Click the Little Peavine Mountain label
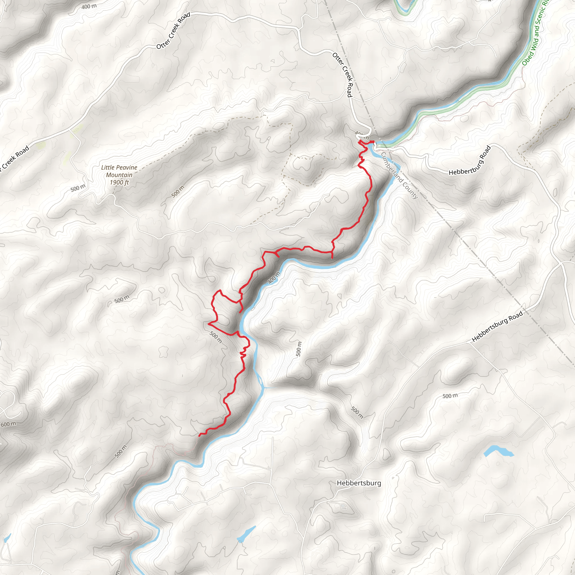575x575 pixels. [119, 171]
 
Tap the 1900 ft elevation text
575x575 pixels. [119, 182]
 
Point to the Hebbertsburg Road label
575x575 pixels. [497, 326]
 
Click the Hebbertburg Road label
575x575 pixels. [470, 161]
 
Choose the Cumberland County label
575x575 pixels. [400, 175]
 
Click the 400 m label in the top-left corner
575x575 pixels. [89, 6]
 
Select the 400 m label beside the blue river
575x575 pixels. [274, 277]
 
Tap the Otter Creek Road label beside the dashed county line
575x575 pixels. [342, 74]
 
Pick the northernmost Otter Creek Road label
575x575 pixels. [173, 31]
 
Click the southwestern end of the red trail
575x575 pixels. [199, 436]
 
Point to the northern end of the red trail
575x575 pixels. [360, 140]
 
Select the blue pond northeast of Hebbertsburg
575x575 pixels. [498, 451]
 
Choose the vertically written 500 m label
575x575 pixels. [299, 349]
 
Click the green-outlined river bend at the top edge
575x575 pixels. [404, 9]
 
